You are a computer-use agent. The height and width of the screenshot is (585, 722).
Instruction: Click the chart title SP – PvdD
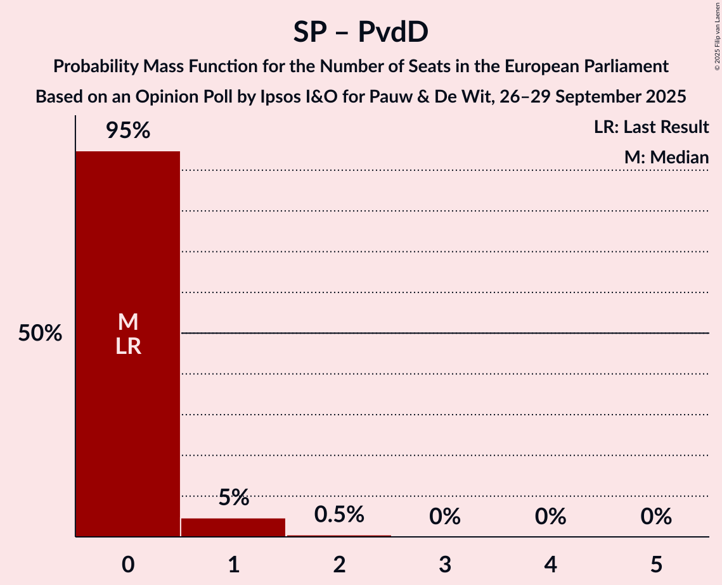click(x=360, y=32)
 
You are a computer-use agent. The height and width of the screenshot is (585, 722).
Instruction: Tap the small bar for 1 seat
click(x=233, y=527)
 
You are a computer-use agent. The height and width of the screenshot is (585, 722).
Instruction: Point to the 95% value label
click(x=128, y=131)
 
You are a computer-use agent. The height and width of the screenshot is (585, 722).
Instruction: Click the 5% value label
click(x=233, y=498)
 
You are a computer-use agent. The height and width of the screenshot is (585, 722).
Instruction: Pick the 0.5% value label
click(x=339, y=515)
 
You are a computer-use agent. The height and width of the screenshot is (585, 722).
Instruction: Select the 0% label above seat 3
click(x=444, y=517)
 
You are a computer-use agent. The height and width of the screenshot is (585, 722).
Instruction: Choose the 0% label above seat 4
click(x=550, y=517)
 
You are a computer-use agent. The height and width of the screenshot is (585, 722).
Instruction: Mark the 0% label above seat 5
click(x=655, y=517)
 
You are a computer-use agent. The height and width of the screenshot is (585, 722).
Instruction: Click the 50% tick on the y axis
click(x=40, y=334)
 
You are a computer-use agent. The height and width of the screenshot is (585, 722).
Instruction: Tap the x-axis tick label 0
click(x=128, y=564)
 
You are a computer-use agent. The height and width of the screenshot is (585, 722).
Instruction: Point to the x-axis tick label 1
click(x=233, y=564)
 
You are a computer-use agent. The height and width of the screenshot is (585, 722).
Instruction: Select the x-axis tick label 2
click(x=339, y=564)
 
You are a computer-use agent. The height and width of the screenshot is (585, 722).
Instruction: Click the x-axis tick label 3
click(x=444, y=564)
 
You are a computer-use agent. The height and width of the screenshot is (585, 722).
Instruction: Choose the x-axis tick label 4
click(x=550, y=564)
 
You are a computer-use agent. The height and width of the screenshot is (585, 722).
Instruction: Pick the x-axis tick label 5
click(x=655, y=564)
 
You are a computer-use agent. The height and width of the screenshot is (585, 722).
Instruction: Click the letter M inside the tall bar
click(x=128, y=322)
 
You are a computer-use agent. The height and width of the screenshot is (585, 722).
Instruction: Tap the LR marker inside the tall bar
click(x=128, y=346)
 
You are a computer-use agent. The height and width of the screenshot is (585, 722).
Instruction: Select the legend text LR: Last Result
click(x=651, y=127)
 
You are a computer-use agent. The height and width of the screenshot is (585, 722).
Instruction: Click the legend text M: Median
click(x=666, y=158)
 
